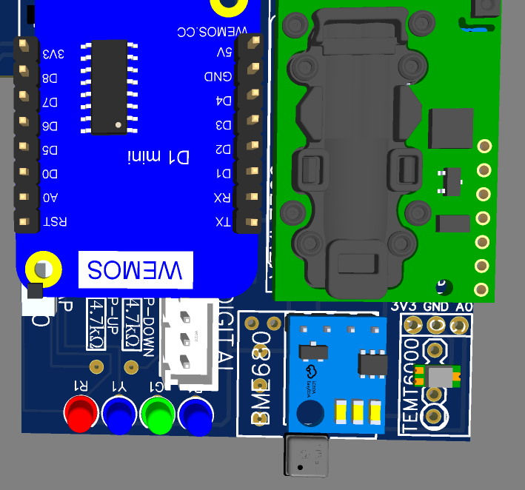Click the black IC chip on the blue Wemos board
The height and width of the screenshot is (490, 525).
pos(109,87)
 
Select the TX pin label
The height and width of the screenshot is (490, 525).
pos(221,222)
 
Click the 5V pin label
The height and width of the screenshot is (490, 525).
pos(223,53)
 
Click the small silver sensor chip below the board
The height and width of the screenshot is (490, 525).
pos(304,455)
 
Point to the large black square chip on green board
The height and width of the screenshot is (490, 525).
pos(450,128)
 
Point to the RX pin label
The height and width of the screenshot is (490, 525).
pos(221,198)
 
